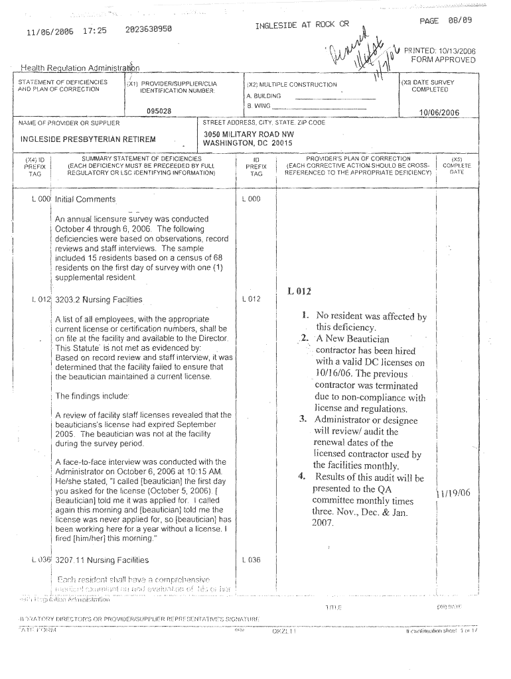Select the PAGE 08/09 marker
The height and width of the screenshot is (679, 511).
pos(446,21)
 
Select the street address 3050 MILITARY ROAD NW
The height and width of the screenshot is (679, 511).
pos(248,135)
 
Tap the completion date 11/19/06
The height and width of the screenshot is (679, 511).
pos(453,493)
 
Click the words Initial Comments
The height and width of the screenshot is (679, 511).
pos(85,200)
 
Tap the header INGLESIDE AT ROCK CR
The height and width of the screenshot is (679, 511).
pos(302,25)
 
